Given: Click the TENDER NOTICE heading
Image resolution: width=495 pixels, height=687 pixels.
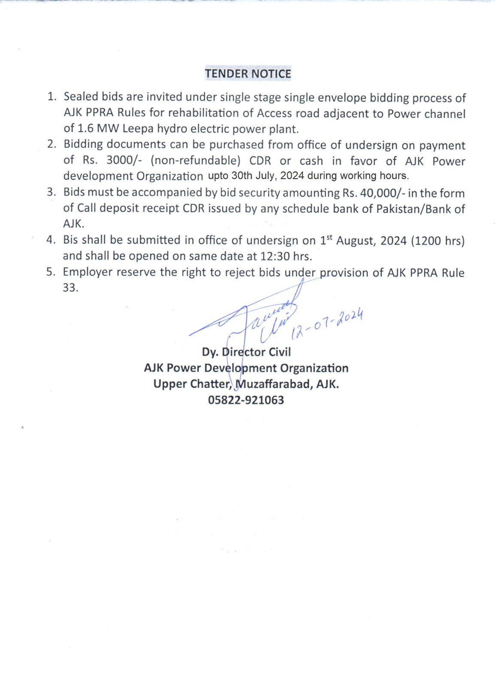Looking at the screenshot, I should [248, 74].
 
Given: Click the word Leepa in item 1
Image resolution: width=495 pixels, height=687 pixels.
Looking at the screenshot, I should [138, 129].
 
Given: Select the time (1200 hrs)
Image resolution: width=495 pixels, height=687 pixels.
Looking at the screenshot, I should [437, 240].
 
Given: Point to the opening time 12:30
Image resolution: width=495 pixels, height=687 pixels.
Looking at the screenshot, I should [275, 256].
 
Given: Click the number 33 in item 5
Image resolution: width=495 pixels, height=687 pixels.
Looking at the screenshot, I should [70, 288].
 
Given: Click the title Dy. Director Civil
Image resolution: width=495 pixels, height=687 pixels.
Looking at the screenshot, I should [246, 352].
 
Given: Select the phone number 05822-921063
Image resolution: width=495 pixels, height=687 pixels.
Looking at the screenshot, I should [246, 400].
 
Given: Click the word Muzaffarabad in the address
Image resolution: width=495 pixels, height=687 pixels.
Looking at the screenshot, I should [274, 384].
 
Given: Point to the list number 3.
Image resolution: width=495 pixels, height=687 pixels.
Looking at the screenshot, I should [51, 192].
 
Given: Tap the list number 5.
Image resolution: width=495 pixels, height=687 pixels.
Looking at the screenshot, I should [51, 272].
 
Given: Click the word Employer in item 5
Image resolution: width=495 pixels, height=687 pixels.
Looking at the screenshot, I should [88, 272].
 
